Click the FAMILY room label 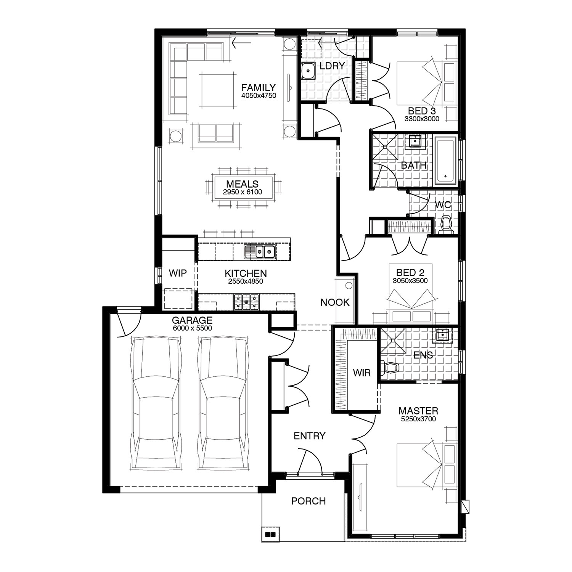258,88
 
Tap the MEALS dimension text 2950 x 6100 242,192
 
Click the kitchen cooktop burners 246,302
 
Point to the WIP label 178,273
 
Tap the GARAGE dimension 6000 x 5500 192,328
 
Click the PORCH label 308,501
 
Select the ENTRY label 310,436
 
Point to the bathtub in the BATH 445,161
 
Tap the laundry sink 308,71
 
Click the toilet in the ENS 390,368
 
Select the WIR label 362,372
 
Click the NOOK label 335,302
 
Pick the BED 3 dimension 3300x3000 422,119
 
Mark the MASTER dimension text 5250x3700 418,419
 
